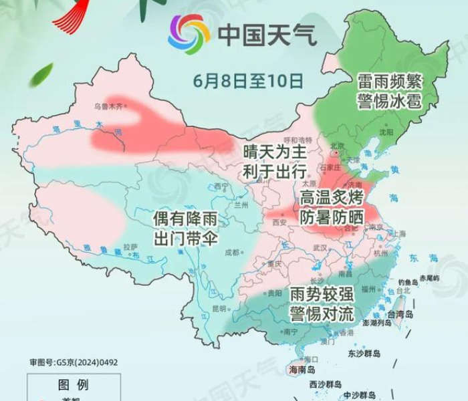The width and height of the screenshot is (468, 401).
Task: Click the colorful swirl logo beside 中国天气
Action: click(x=189, y=34)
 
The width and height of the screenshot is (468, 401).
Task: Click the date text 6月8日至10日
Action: click(x=249, y=80)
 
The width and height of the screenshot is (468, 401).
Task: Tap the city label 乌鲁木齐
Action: click(x=108, y=106)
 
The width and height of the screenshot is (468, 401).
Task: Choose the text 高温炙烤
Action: click(x=332, y=198)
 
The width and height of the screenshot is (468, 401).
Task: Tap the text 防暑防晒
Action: click(x=332, y=217)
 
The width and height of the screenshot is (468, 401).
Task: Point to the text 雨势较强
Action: click(x=322, y=294)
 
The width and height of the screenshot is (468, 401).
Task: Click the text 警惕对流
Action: click(x=322, y=313)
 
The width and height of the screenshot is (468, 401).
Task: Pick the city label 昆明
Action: click(x=219, y=308)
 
